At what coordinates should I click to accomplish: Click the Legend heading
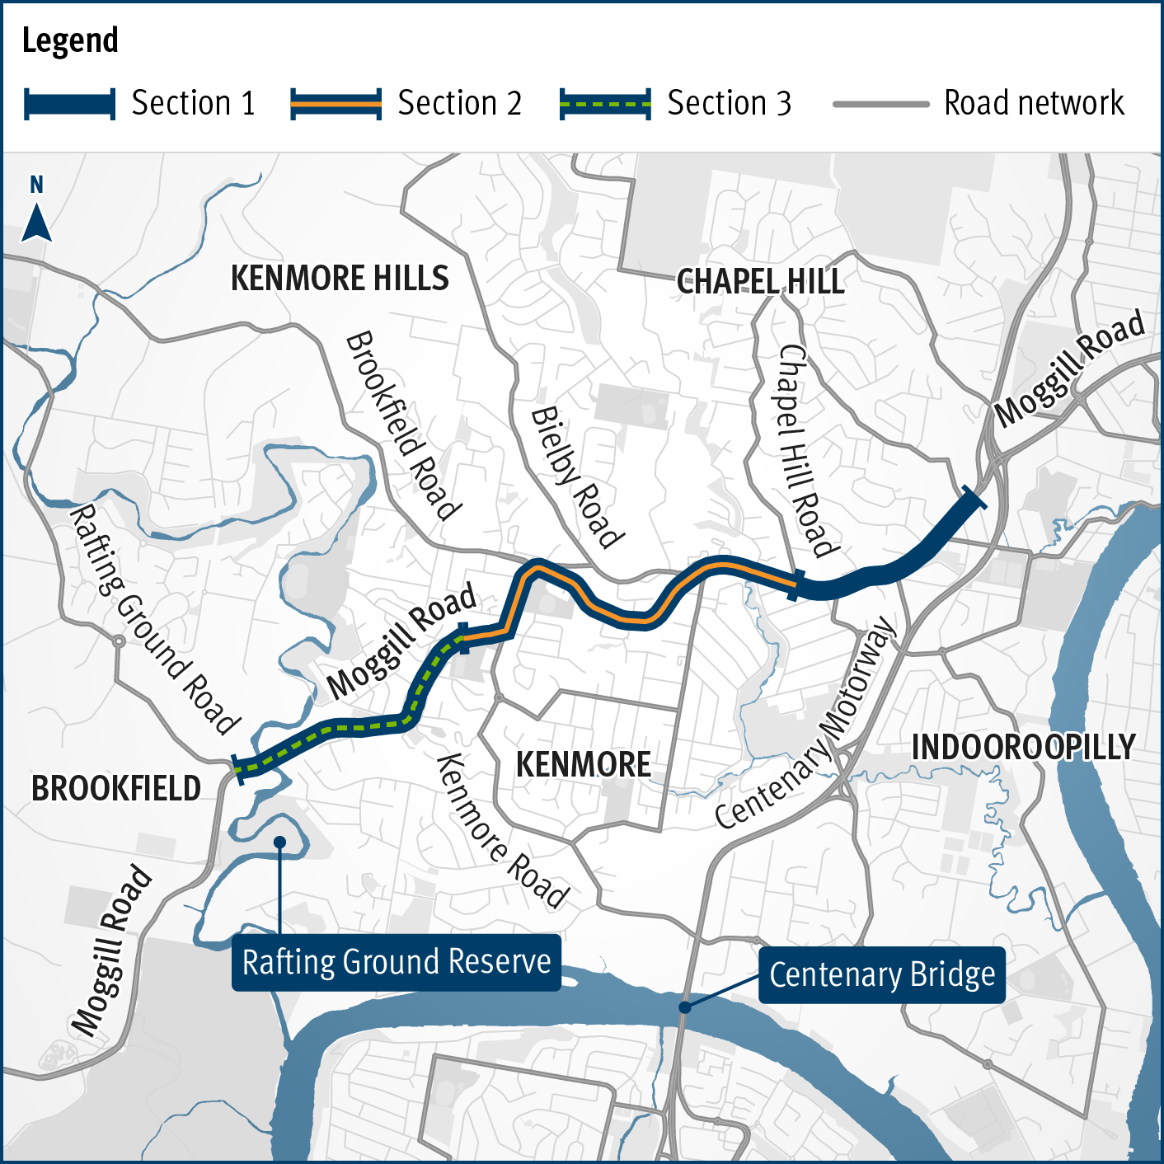click(70, 40)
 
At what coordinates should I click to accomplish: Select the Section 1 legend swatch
click(69, 104)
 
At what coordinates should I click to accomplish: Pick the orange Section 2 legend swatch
click(336, 104)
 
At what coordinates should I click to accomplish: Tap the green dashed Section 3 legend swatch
click(605, 104)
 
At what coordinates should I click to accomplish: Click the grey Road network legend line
click(880, 104)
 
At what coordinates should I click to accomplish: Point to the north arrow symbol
click(36, 221)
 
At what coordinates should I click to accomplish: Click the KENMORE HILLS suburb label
click(340, 279)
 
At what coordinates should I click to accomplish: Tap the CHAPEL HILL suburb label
click(760, 282)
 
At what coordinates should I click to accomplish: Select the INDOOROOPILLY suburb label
click(1023, 748)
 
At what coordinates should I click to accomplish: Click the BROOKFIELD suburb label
click(116, 789)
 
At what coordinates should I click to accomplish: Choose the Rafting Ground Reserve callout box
click(397, 962)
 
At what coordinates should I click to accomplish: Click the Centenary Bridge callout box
click(881, 974)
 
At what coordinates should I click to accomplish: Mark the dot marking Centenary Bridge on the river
click(684, 1007)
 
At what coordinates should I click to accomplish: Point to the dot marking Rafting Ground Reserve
click(280, 842)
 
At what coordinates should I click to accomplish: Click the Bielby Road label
click(577, 478)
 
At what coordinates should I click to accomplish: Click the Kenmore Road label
click(501, 831)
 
